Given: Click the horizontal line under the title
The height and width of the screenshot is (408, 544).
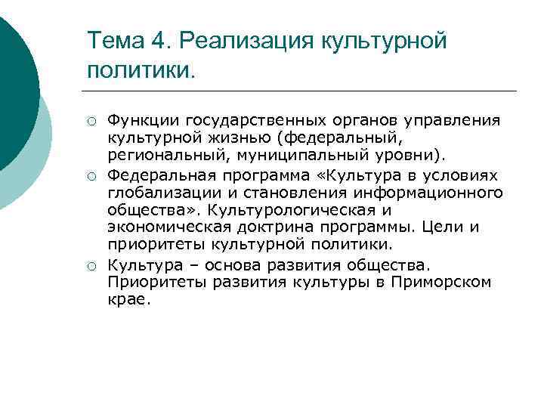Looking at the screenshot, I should (x=302, y=91).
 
